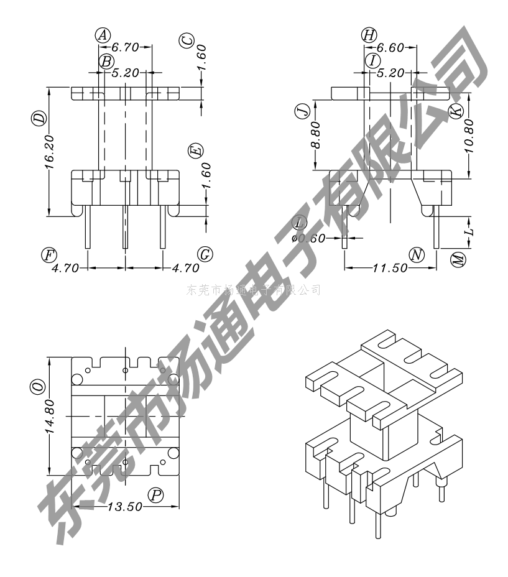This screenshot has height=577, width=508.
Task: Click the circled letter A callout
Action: coord(103,35)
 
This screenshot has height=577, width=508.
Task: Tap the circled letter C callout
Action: coord(186,40)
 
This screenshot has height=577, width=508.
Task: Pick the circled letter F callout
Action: coord(47,254)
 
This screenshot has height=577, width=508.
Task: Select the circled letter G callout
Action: coord(204,254)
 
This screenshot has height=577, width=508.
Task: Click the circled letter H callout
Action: coord(369,35)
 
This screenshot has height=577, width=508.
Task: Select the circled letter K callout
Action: coord(457,111)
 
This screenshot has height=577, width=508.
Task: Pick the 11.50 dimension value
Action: coord(390,268)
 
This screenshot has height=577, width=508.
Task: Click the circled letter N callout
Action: coord(417,254)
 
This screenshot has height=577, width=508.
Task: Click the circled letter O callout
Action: coord(39,387)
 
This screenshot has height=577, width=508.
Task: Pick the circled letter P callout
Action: coord(155,495)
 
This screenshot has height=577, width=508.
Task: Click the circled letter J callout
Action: coord(303,112)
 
